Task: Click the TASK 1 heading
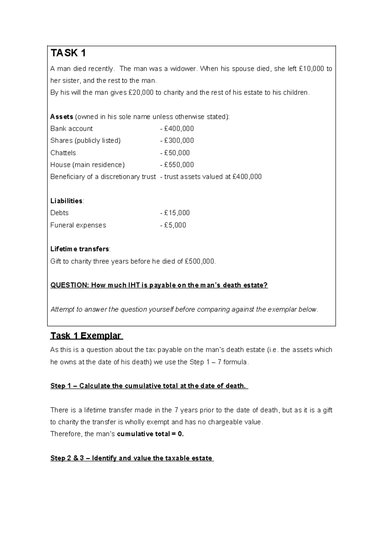click(68, 53)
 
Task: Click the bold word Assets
click(62, 117)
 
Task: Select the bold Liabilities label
click(66, 201)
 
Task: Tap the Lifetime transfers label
click(80, 249)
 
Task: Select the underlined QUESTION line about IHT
click(159, 285)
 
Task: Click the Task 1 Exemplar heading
click(86, 336)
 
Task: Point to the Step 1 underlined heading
click(149, 386)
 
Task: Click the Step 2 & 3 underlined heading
click(131, 458)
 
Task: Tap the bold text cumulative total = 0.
click(150, 434)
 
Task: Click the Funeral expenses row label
click(78, 225)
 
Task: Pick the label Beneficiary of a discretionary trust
click(103, 177)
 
